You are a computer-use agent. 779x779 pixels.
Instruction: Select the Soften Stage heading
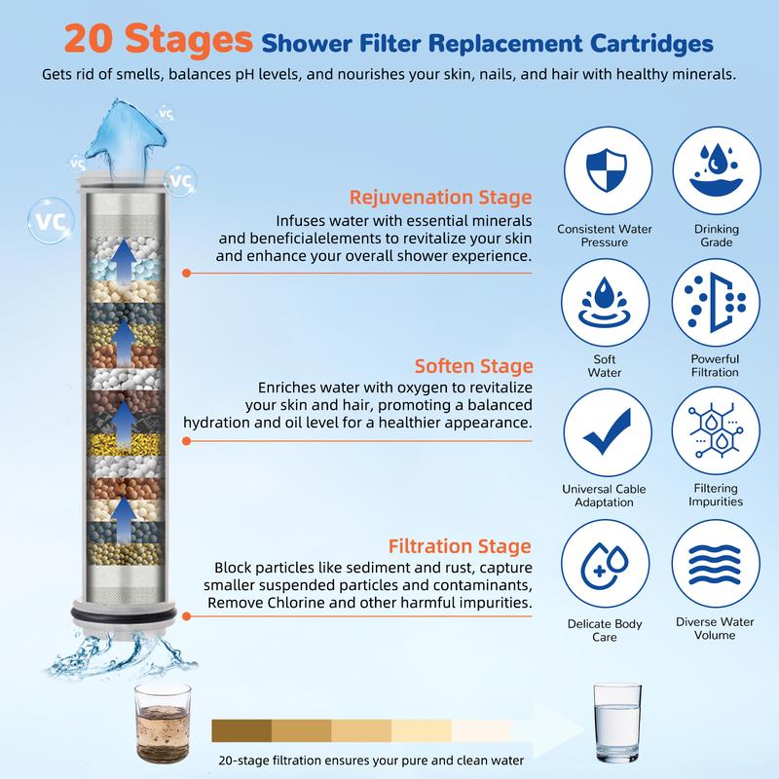click(474, 366)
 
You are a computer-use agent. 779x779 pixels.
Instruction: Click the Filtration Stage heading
click(460, 545)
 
